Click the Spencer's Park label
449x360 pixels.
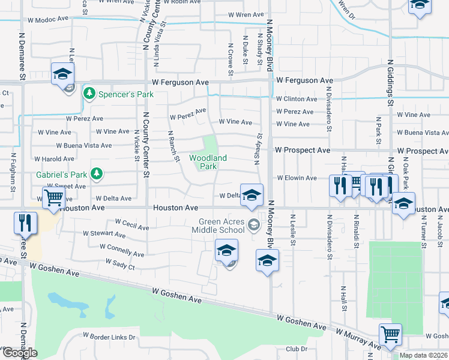click(x=127, y=94)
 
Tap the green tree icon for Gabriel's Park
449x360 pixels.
click(x=95, y=174)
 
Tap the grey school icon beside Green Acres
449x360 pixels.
click(x=254, y=225)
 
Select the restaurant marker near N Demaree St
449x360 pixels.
click(x=24, y=223)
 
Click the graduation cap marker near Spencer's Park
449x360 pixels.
click(x=62, y=74)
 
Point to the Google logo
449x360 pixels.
click(x=20, y=353)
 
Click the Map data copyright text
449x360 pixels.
click(x=424, y=355)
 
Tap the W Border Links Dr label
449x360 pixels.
click(x=109, y=337)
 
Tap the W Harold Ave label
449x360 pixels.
click(x=54, y=159)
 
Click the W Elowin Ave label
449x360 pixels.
click(x=297, y=178)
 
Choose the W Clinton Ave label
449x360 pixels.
click(x=297, y=99)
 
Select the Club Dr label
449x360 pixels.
click(x=296, y=349)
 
